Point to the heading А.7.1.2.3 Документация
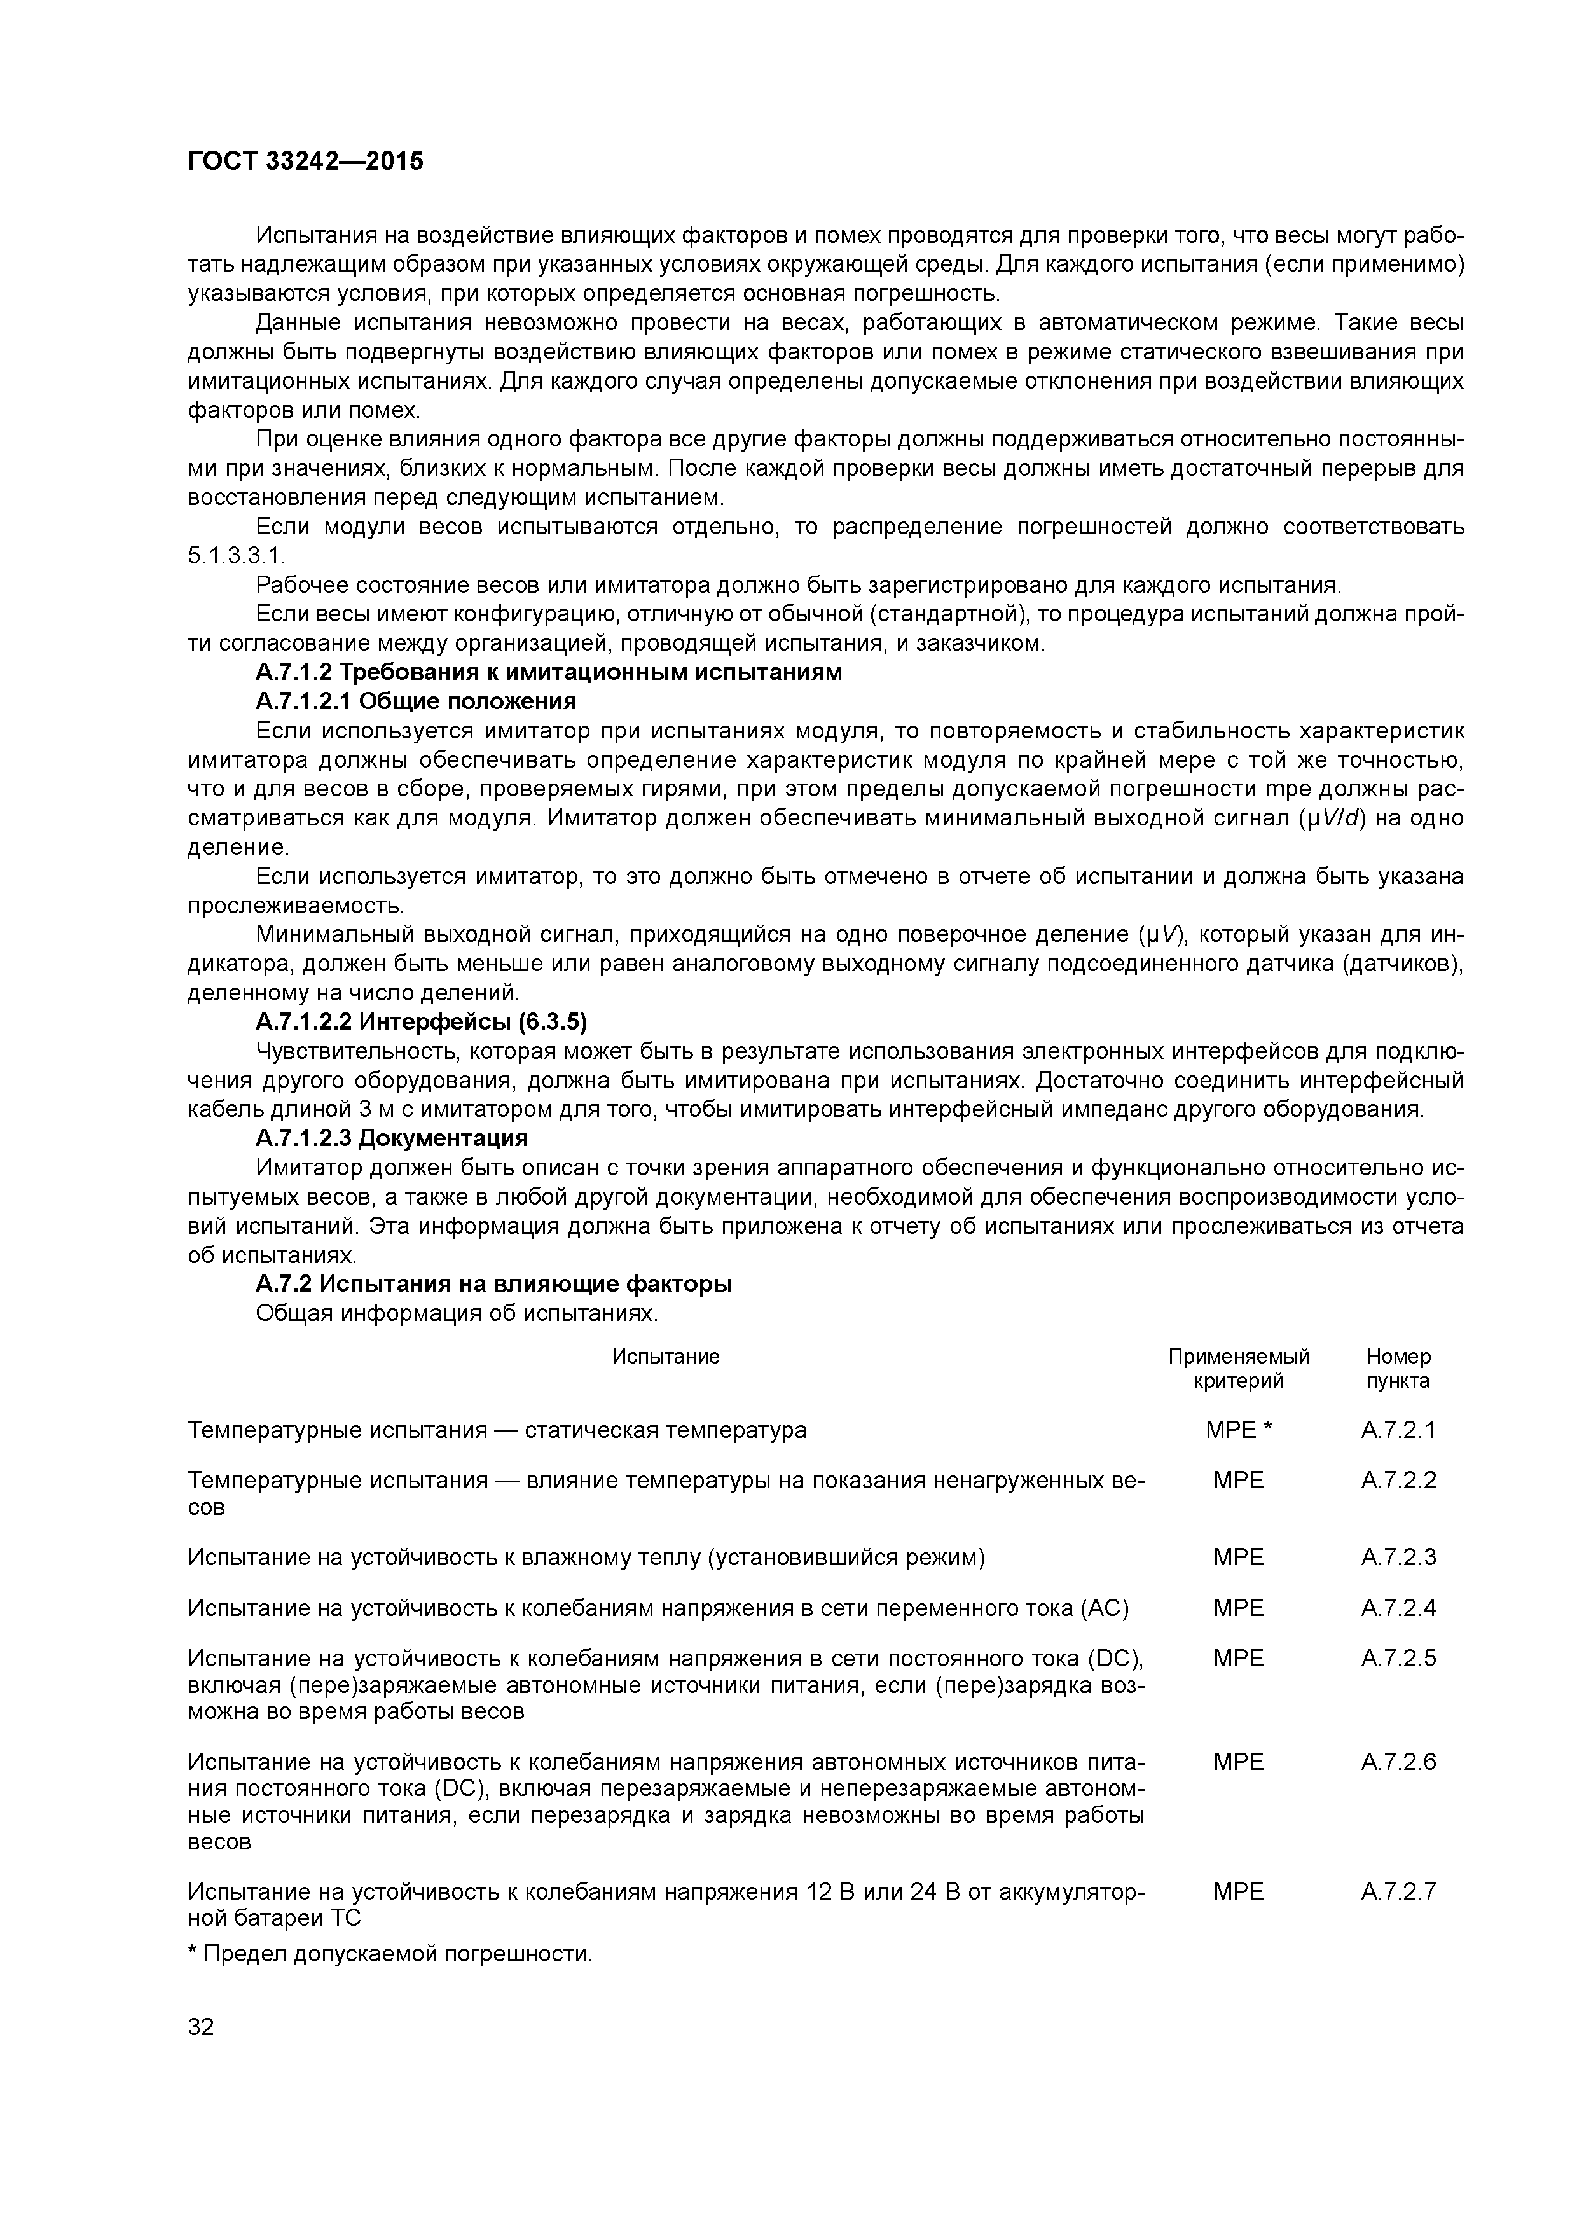point(392,1138)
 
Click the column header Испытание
point(666,1357)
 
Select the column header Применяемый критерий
point(1238,1368)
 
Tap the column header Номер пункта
point(1398,1368)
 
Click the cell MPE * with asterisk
point(1238,1430)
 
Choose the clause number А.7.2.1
point(1398,1430)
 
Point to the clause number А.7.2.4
point(1398,1608)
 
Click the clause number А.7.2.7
point(1398,1892)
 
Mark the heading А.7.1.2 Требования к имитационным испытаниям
point(548,672)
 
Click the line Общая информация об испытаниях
point(457,1314)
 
